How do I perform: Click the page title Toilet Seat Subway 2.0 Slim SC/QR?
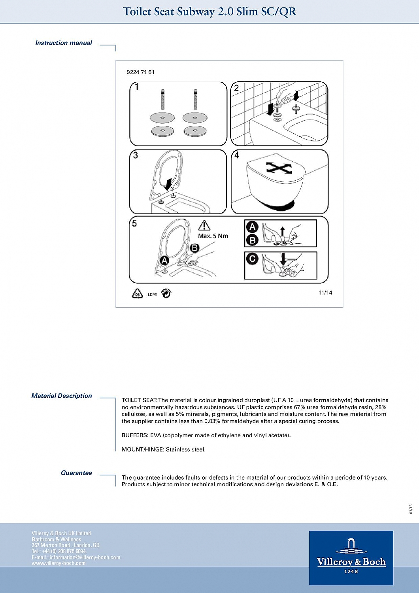click(x=209, y=11)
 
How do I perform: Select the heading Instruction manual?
click(x=64, y=43)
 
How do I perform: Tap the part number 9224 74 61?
click(x=140, y=72)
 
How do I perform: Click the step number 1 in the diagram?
click(x=137, y=87)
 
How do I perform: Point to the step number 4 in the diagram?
click(x=236, y=155)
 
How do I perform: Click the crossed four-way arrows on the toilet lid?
click(x=279, y=168)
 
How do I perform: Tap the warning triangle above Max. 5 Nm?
click(x=204, y=225)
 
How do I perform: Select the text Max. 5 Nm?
click(x=213, y=236)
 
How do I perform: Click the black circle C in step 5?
click(x=252, y=259)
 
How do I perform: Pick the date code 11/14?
click(x=325, y=293)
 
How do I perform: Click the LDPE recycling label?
click(x=152, y=295)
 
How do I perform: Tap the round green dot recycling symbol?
click(x=166, y=293)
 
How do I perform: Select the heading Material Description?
click(x=62, y=396)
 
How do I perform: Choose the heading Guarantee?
click(x=76, y=473)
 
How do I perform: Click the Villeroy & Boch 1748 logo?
click(x=351, y=557)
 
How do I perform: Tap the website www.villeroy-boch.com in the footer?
click(x=59, y=563)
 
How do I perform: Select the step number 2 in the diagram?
click(x=236, y=88)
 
